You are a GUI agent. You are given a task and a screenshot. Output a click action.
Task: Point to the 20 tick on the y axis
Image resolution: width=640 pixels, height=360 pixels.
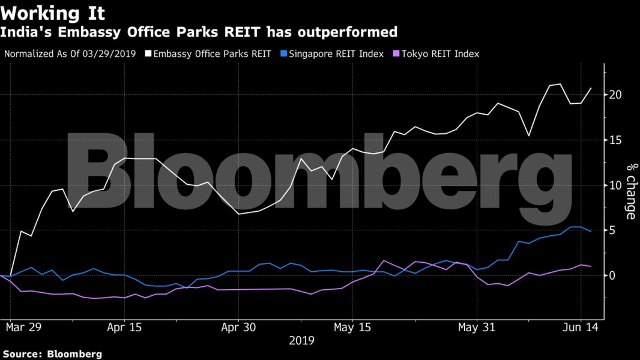pos(615,95)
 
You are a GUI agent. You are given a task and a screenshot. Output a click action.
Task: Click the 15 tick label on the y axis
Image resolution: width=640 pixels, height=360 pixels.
pos(615,140)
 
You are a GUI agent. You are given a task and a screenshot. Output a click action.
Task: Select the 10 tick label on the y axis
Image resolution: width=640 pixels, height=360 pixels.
pos(615,185)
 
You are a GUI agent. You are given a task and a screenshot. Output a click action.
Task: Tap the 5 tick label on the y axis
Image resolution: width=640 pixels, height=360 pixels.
pos(612,230)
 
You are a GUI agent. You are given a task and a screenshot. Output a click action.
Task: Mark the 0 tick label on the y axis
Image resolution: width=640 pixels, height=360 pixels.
pos(612,275)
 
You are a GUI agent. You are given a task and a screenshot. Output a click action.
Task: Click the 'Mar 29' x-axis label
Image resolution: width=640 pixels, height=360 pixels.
pos(24,328)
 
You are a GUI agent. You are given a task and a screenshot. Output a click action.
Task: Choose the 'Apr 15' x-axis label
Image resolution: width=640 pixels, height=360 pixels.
pos(124,328)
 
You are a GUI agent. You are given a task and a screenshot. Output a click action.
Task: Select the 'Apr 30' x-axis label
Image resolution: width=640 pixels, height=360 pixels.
pos(239,328)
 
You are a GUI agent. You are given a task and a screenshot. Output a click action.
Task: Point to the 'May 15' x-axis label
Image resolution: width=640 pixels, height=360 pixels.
pos(353,328)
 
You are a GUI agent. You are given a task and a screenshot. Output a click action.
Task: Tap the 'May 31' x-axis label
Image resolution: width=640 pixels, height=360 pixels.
pos(477,328)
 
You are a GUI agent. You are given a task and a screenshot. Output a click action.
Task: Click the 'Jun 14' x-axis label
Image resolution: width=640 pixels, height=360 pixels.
pos(581,328)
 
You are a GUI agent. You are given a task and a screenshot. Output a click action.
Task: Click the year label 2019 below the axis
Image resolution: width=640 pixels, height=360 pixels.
pos(301,341)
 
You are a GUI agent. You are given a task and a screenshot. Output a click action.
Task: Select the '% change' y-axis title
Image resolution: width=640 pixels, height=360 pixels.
pos(631,191)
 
